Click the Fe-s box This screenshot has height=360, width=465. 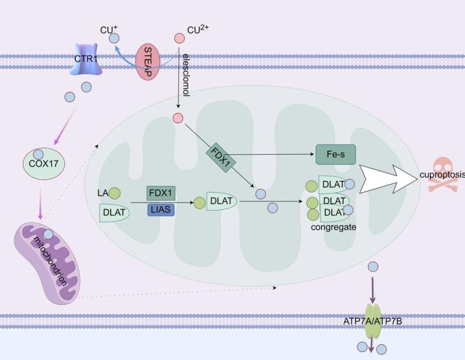pyautogui.click(x=336, y=155)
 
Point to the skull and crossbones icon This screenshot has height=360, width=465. pyautogui.click(x=440, y=175)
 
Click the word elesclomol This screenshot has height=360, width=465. pyautogui.click(x=186, y=76)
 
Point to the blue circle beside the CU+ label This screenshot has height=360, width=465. pyautogui.click(x=114, y=39)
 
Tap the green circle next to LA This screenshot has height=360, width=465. pyautogui.click(x=114, y=193)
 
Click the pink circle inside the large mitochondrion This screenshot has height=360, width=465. pyautogui.click(x=178, y=119)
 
